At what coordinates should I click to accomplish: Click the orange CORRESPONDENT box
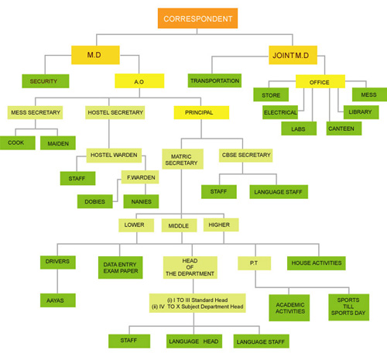point(197,19)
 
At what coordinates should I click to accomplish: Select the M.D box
point(95,55)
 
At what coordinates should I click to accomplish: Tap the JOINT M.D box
point(293,55)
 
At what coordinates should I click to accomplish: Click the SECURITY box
point(46,81)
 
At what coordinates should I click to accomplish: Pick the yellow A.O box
point(139,81)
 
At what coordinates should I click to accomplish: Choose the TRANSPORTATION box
point(214,81)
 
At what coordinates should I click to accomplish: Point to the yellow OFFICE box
point(320,81)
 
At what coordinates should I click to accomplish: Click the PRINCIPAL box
point(201,112)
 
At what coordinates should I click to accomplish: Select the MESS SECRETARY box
point(35,112)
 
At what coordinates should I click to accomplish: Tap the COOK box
point(18,143)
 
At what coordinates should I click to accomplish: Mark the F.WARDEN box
point(140,177)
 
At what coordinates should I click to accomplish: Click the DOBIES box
point(95,201)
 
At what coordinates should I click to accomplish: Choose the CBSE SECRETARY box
point(246,156)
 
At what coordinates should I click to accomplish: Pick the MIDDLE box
point(180,225)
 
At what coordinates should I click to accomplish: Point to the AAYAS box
point(58,300)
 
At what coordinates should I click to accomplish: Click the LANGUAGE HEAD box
point(194,341)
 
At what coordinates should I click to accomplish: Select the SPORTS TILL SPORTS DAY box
point(349,307)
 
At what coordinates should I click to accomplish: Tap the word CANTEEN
point(341,129)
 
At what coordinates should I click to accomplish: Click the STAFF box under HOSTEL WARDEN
point(77,178)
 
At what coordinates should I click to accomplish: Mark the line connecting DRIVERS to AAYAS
point(57,281)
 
